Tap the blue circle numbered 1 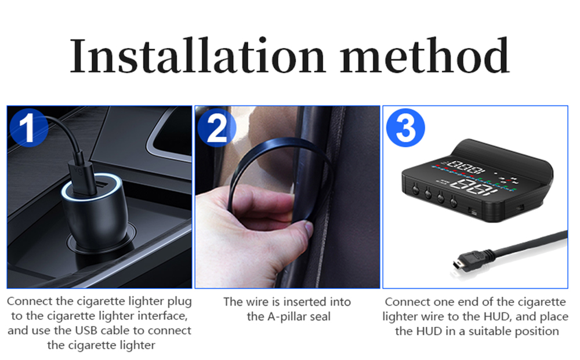[x=28, y=128]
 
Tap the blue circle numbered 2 [x=217, y=128]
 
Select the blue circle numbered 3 [x=405, y=128]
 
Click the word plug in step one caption [x=180, y=302]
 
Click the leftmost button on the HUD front [x=415, y=190]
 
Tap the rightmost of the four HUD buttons [x=454, y=202]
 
